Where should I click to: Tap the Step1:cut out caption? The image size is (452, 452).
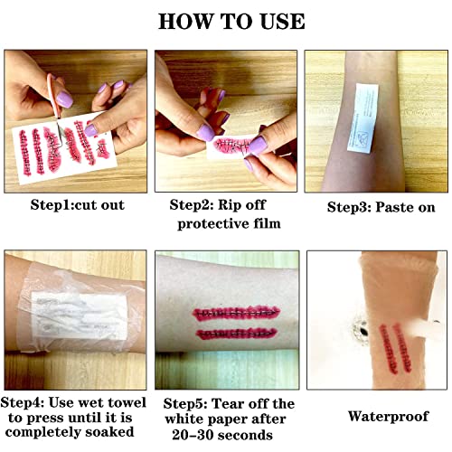(77, 205)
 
